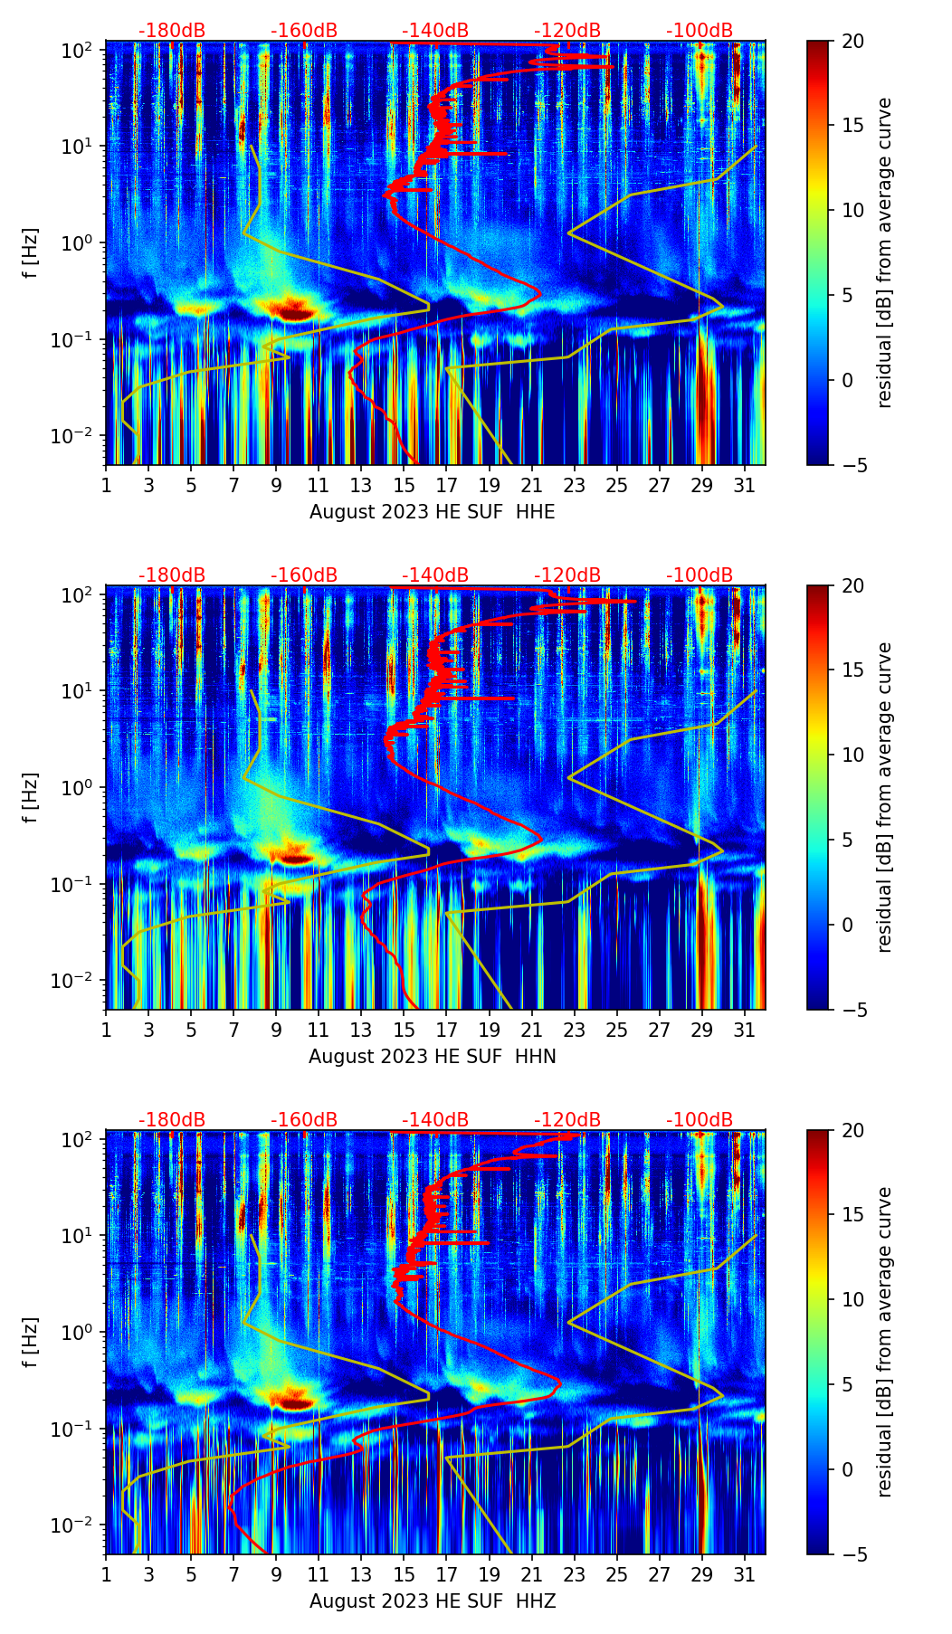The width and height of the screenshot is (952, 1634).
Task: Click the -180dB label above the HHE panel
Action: coord(172,31)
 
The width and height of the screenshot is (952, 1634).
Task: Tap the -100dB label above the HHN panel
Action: coord(700,575)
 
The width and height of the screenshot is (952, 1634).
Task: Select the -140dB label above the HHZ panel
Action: coord(435,1120)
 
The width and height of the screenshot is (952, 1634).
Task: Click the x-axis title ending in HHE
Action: coord(433,512)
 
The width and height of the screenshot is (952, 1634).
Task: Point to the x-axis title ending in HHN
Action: coord(433,1057)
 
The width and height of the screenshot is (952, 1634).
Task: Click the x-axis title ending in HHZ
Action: coord(433,1601)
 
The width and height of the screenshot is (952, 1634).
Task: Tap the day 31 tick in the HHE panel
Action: coord(745,485)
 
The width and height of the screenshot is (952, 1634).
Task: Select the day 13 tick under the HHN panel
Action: coord(361,1030)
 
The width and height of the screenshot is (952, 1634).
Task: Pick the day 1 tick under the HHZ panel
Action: coord(107,1574)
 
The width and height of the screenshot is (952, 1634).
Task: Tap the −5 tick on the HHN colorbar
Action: coord(852,1009)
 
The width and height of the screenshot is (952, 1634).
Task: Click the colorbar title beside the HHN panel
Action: coord(884,797)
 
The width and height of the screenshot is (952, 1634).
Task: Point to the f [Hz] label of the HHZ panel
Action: coord(32,1342)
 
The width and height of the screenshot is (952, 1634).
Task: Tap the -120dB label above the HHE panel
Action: coord(567,31)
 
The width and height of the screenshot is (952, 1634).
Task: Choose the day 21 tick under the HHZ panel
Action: coord(532,1574)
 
